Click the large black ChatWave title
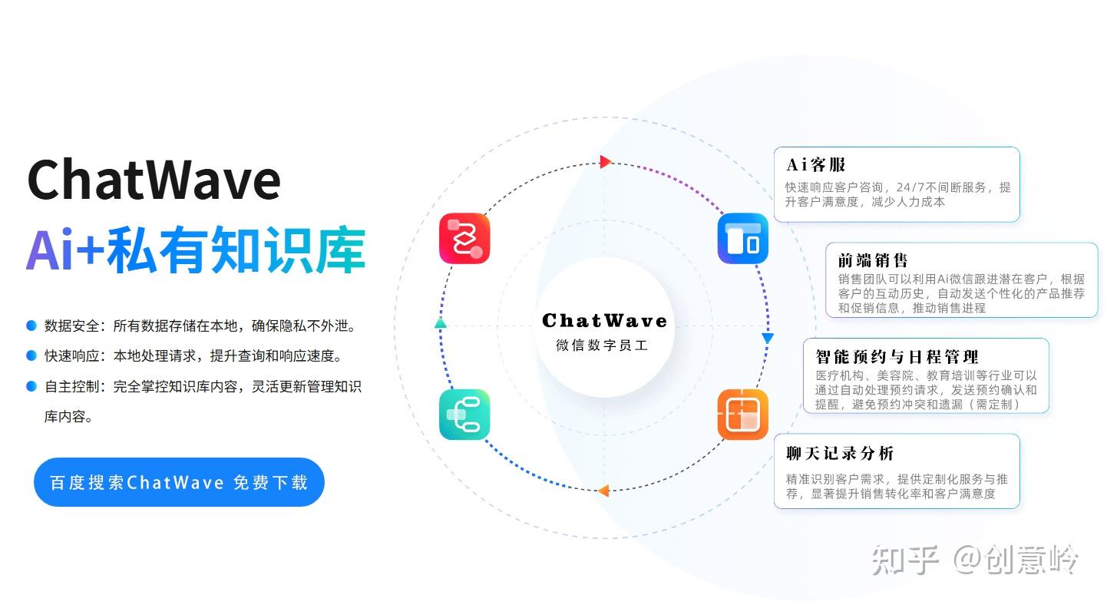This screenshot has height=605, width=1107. pos(154,180)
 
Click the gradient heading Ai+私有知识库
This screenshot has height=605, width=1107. pos(196,250)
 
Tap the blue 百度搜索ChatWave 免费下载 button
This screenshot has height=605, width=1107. pos(179,482)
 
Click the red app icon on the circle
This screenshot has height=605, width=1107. pos(464,238)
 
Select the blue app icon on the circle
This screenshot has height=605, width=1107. pos(742,239)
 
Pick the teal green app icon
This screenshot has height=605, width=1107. pos(464,415)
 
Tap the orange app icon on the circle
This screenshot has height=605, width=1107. pos(742,415)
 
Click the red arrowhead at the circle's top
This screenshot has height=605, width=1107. pos(605,161)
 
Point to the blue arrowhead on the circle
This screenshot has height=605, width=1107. pos(767,338)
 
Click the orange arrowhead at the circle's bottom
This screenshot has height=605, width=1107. pos(603,491)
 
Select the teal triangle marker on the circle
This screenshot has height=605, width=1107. pos(440,323)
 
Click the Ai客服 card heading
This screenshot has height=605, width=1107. pos(816,164)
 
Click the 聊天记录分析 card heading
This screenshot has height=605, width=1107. pos(840,453)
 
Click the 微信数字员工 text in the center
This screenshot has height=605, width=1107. pos(603,345)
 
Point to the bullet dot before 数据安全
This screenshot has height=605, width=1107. pos(31,326)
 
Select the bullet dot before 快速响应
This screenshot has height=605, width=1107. pos(31,356)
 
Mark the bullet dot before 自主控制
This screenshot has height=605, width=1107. pos(31,386)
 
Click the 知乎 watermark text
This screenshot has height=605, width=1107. pos(906,560)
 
